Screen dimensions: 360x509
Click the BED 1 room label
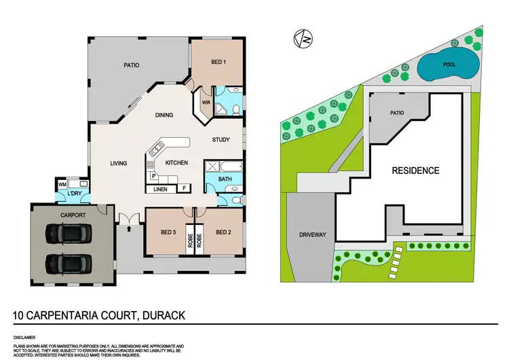tap(218, 62)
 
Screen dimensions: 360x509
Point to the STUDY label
tap(221, 140)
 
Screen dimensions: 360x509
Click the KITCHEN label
tap(176, 163)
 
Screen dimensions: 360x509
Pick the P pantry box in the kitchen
tap(153, 176)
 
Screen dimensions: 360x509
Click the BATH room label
tap(226, 179)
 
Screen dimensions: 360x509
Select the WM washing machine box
tap(62, 184)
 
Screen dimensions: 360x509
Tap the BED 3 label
tap(169, 232)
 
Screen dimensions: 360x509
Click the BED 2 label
tap(224, 232)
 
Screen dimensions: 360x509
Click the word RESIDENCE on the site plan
tap(415, 170)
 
